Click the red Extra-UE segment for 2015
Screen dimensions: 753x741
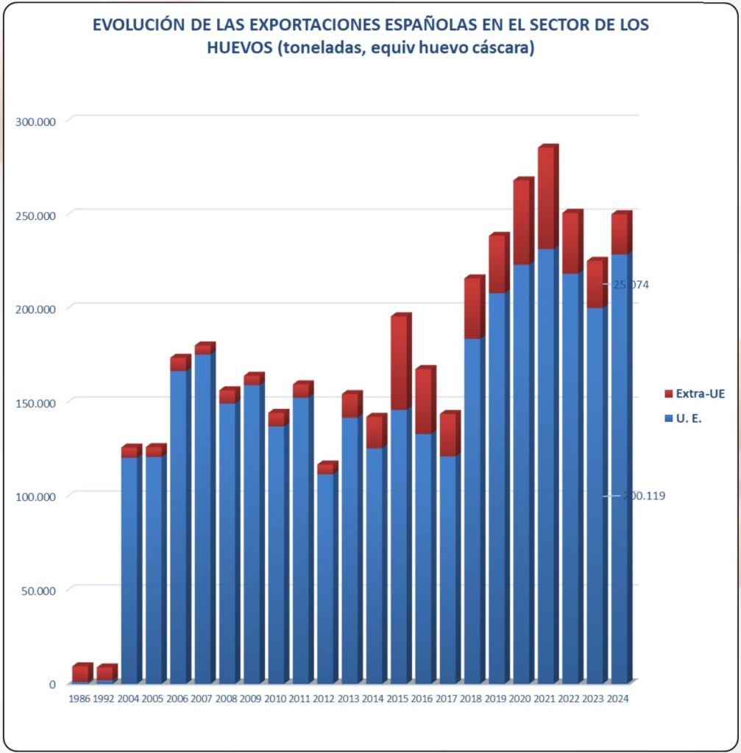click(400, 363)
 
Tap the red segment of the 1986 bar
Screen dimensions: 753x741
click(80, 673)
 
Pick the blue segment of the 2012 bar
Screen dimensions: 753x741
click(326, 578)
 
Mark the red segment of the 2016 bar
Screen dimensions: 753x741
click(424, 402)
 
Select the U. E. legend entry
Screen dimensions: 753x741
click(690, 418)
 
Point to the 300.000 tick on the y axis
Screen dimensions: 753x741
click(35, 121)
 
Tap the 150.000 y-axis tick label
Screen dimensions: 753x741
click(35, 402)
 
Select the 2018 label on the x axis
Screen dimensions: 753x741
click(470, 699)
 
